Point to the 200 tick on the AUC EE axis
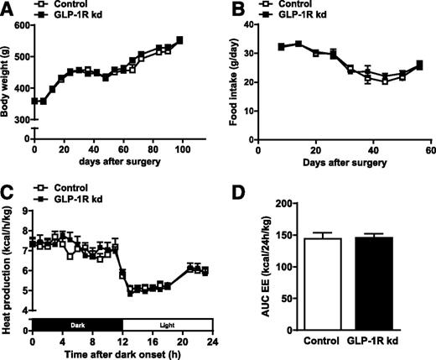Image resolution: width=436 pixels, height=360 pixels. pos(281,204)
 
